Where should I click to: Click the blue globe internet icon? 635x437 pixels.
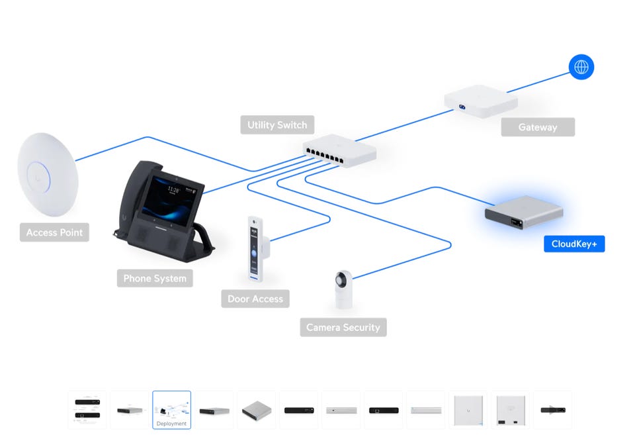click(x=581, y=67)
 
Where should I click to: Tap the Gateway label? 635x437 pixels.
click(x=537, y=127)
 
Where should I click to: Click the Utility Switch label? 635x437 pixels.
click(x=277, y=124)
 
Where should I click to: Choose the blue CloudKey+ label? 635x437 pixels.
click(x=574, y=244)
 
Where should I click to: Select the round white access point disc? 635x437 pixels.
click(x=48, y=174)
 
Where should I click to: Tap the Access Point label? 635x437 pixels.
click(x=54, y=232)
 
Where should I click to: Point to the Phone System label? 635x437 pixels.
click(x=155, y=278)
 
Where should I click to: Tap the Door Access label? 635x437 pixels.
click(x=255, y=299)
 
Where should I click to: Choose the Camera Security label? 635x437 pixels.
click(x=343, y=327)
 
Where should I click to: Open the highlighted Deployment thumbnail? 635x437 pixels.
click(x=171, y=410)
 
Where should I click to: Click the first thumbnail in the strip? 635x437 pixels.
click(x=87, y=410)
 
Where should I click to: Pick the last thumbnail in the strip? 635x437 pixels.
click(x=552, y=410)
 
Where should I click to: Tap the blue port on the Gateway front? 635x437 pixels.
click(x=463, y=107)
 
